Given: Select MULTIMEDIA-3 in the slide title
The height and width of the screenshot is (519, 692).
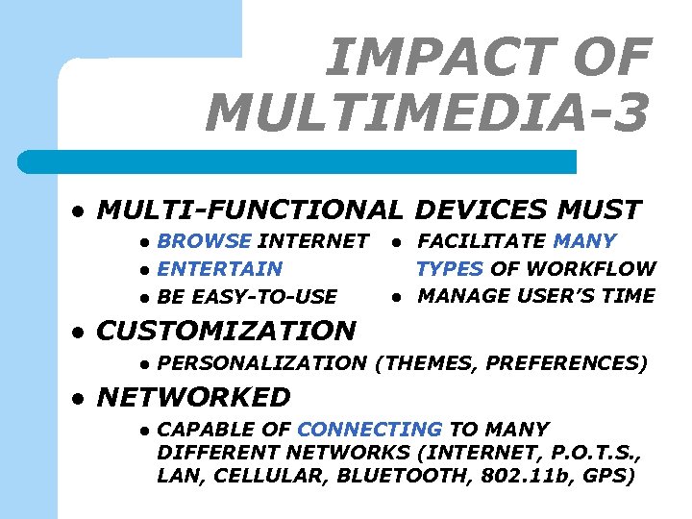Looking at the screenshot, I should [427, 113].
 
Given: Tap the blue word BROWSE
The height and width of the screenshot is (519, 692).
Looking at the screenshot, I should [204, 241].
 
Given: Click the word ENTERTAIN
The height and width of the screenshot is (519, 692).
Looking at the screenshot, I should [220, 269].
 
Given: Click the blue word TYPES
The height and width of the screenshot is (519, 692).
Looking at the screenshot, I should [451, 269].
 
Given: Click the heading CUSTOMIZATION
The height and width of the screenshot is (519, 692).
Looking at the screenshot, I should [227, 332].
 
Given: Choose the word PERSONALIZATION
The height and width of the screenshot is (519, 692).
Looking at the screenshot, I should [261, 363].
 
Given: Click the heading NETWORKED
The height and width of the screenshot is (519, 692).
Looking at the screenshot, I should [194, 397].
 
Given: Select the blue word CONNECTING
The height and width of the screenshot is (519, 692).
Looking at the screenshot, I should [370, 430].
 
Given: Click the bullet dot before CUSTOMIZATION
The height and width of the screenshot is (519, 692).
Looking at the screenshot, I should [81, 333].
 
